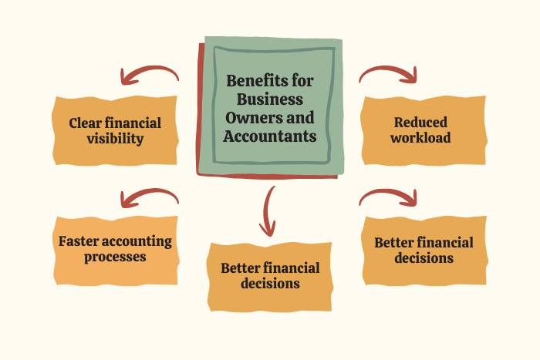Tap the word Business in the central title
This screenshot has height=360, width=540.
(x=270, y=99)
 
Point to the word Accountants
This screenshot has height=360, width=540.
(x=270, y=136)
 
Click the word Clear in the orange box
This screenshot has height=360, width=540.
(x=85, y=123)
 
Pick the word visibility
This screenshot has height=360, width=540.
(x=115, y=139)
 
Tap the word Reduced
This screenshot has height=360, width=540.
(x=420, y=122)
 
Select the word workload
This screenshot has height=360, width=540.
(x=420, y=138)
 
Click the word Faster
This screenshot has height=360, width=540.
(x=78, y=241)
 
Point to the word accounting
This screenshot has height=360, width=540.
(x=137, y=242)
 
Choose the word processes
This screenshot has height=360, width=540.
(x=115, y=257)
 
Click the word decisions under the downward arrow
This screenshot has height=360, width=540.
(x=270, y=284)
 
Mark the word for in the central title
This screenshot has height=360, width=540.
(x=302, y=81)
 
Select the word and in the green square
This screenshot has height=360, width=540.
(x=300, y=118)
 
